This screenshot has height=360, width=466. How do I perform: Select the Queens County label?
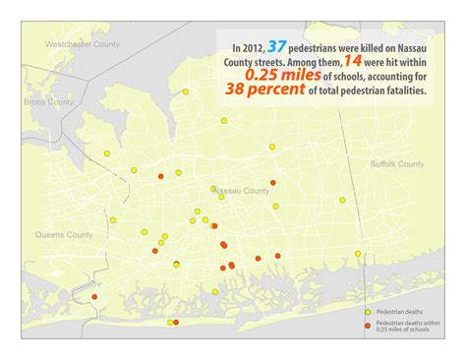tap(64, 235)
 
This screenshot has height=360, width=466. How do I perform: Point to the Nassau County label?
tap(240, 190)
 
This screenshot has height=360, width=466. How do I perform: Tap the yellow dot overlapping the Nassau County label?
tap(213, 188)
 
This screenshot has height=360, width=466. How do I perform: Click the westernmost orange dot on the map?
tap(94, 297)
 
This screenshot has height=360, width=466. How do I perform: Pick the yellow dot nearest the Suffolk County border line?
tap(342, 200)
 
